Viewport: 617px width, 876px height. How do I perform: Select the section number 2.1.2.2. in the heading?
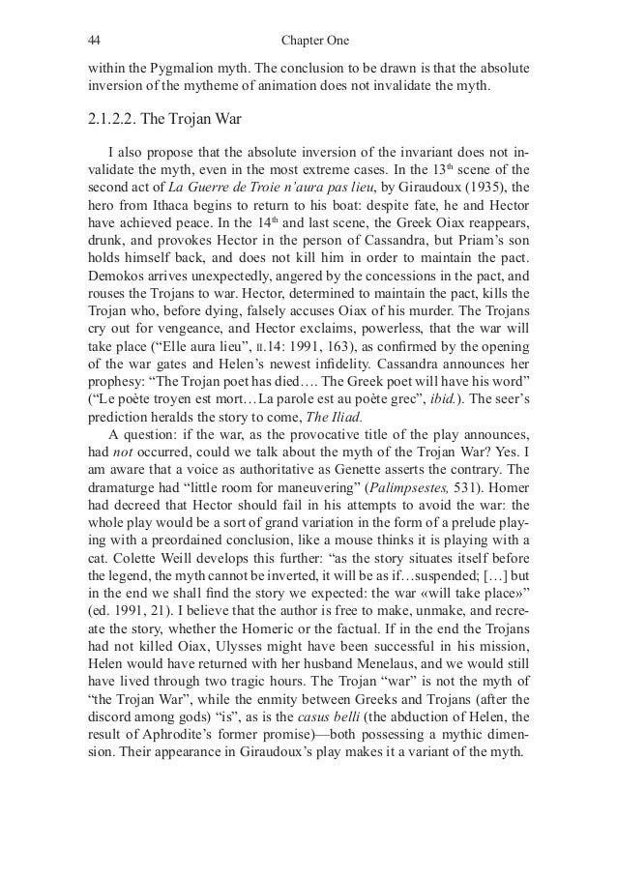pyautogui.click(x=115, y=122)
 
